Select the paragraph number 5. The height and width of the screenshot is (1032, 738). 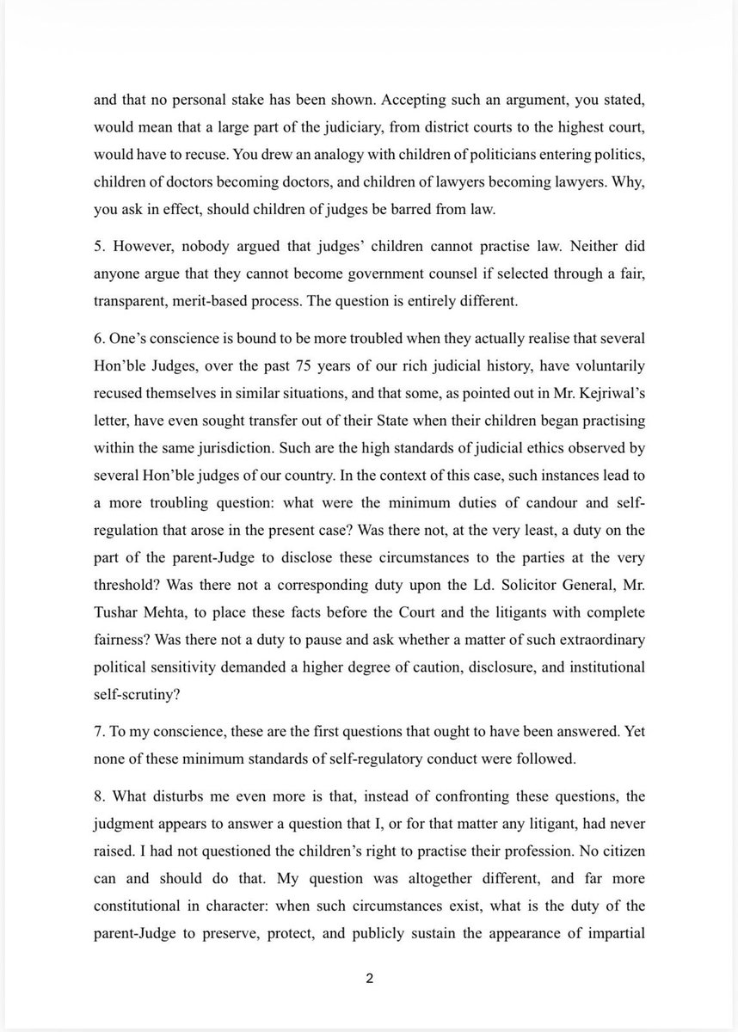tap(99, 247)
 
